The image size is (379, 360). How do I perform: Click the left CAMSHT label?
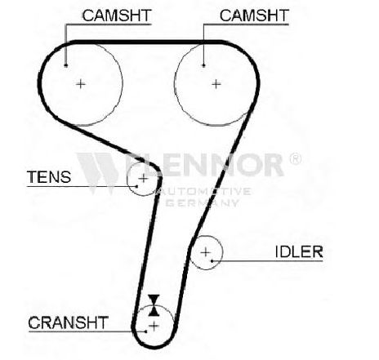(117, 16)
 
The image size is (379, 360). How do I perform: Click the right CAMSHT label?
(254, 16)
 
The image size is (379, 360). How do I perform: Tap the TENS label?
(49, 177)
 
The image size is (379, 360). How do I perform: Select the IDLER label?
(299, 251)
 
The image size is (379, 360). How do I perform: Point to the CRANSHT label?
(69, 322)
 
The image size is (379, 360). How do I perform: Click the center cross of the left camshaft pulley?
(81, 84)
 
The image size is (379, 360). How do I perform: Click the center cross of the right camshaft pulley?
(216, 84)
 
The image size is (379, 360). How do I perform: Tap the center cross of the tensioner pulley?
(143, 179)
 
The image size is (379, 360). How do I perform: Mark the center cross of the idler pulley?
(206, 252)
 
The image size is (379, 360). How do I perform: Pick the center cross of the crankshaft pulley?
(154, 326)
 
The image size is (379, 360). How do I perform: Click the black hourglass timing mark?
(154, 305)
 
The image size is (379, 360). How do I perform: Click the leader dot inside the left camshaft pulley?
(65, 65)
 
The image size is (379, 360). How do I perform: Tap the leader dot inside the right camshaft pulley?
(203, 65)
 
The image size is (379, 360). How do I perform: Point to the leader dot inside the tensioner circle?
(136, 186)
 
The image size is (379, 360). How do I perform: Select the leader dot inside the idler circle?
(212, 261)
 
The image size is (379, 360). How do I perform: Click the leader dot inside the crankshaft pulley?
(146, 331)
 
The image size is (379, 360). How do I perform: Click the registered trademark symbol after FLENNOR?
(295, 158)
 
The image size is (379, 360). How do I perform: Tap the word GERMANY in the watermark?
(203, 202)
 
